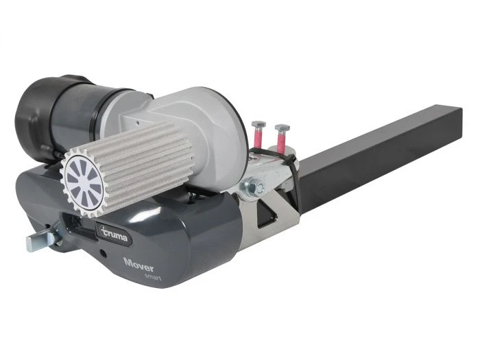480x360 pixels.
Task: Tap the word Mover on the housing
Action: tap(139, 265)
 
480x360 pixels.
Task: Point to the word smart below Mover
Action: tap(153, 276)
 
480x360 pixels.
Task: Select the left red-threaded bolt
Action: tap(258, 134)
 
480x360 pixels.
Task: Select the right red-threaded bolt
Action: tap(281, 138)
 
